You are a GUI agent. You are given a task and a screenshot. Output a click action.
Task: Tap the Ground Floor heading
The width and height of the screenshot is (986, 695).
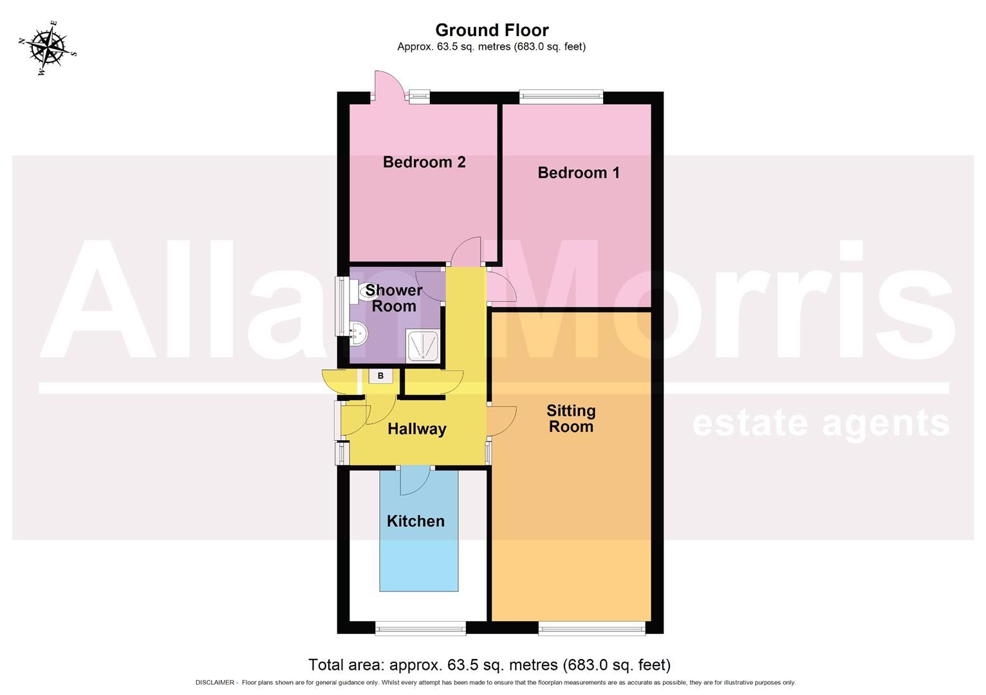point(492,30)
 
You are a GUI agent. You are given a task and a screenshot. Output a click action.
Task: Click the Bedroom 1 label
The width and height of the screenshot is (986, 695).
point(579,172)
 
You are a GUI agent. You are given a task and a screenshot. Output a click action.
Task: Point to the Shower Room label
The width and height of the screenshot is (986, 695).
point(394,298)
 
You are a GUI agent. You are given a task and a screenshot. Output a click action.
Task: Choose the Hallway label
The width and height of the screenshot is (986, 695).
point(416,429)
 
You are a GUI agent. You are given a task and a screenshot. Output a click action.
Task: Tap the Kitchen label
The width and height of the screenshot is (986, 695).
point(415,521)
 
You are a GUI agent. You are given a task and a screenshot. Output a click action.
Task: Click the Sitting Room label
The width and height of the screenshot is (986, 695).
point(571,418)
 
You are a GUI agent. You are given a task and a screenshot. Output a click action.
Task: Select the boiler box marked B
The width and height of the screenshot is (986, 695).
point(380,376)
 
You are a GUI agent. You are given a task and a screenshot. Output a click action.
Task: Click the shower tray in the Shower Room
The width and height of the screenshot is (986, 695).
point(423,346)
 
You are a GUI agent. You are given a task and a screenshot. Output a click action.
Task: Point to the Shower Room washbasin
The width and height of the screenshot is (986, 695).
point(358,333)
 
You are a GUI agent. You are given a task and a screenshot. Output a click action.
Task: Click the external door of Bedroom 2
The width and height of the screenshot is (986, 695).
point(389,86)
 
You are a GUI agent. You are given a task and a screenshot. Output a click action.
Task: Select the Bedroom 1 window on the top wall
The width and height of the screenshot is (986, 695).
point(561,98)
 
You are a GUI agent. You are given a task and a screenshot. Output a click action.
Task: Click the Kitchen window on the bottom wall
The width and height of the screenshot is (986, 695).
point(420,628)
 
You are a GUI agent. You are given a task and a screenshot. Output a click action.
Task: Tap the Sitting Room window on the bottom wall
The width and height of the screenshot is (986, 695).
point(591,628)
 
